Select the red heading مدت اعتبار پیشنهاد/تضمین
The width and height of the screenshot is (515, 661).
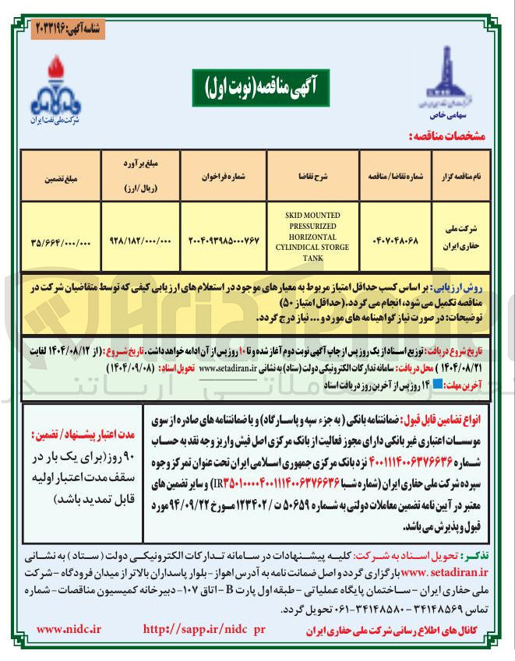76,434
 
